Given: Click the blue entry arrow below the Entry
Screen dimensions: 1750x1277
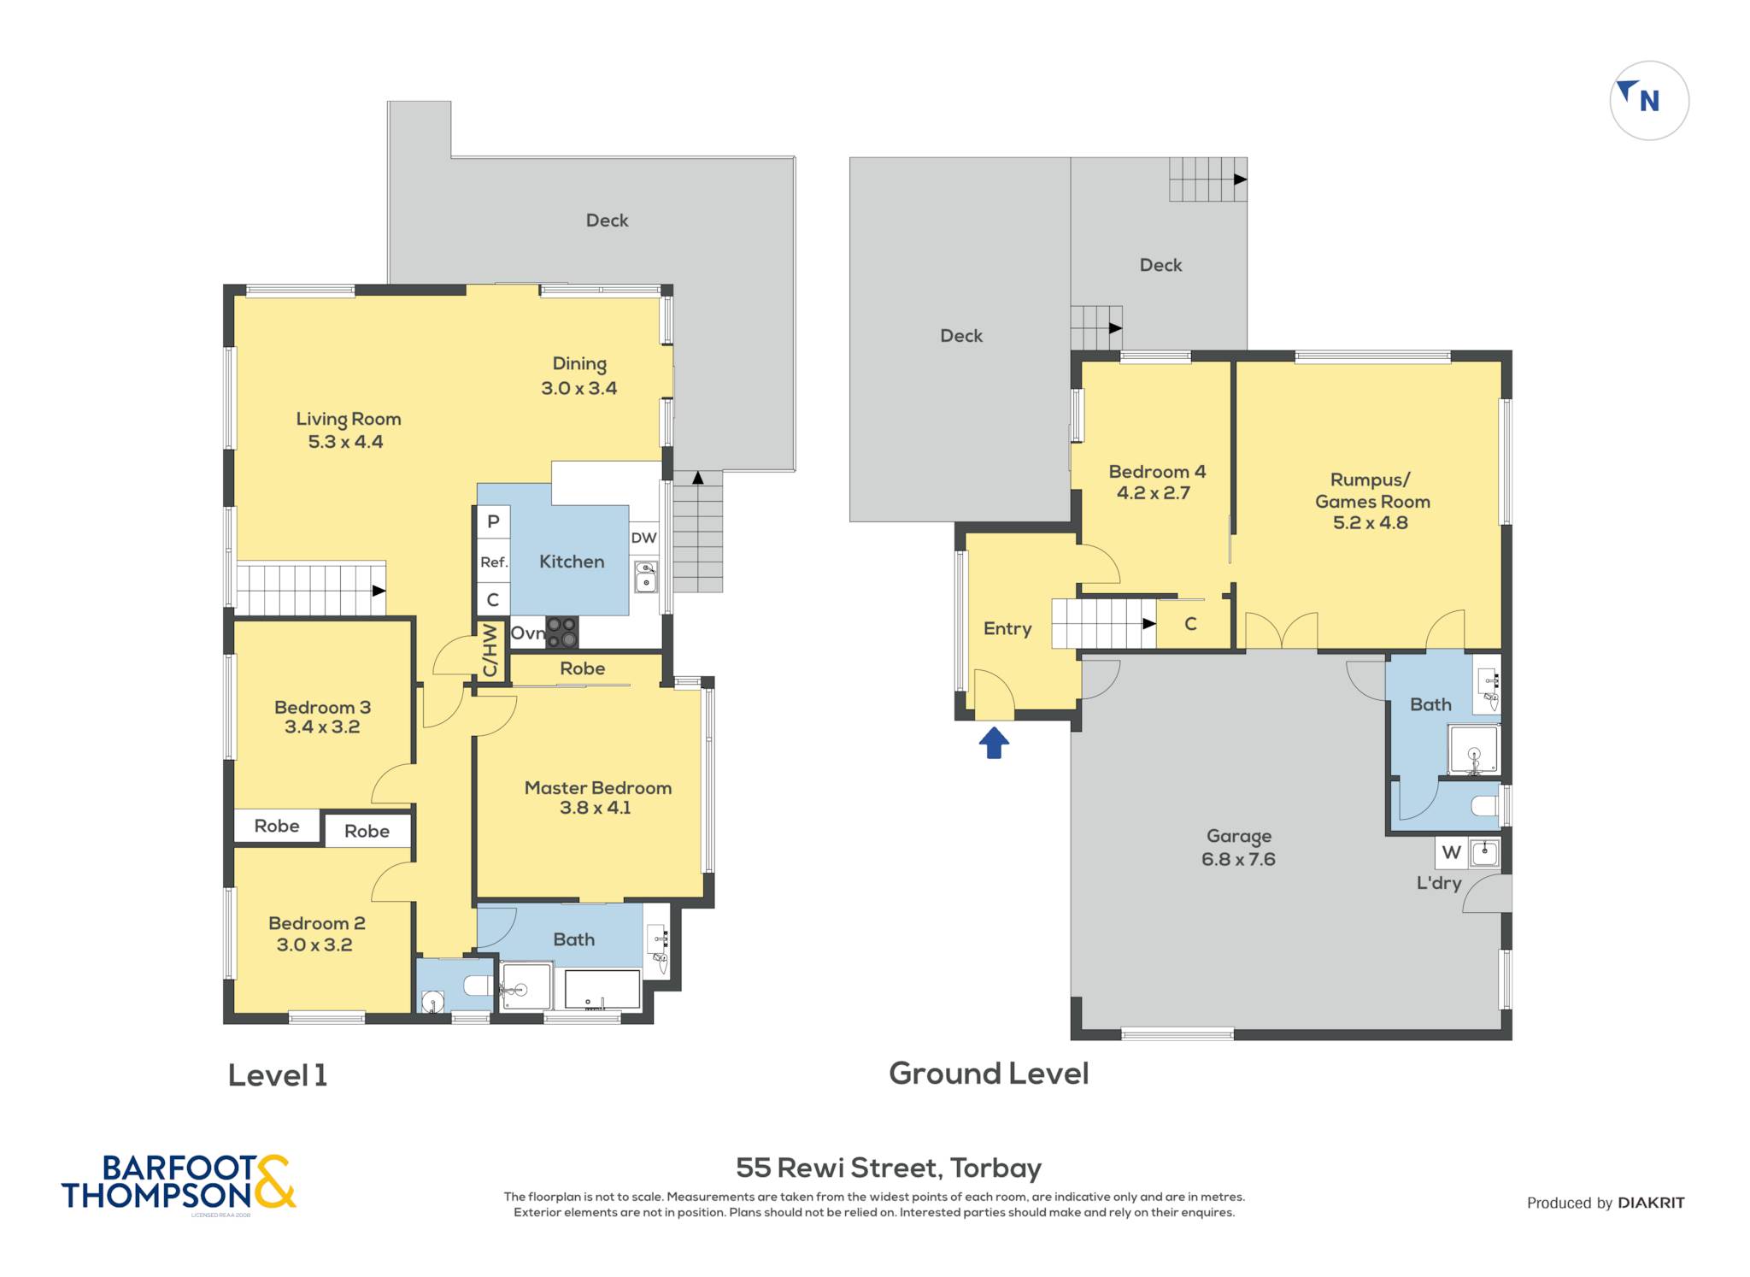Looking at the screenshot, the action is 994,742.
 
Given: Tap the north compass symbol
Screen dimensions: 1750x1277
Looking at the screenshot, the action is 1648,100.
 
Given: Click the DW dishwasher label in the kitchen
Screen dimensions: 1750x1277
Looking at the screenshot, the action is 643,538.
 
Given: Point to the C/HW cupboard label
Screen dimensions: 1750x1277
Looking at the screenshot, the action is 490,650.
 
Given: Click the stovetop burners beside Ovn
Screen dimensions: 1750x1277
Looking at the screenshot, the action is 561,633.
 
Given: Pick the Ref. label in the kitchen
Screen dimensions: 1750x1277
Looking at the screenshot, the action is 494,562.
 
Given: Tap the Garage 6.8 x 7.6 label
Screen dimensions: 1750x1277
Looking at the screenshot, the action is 1238,847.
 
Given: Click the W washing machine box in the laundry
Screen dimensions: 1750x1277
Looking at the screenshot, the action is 1451,852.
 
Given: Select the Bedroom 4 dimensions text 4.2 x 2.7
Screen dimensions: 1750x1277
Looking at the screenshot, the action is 1153,492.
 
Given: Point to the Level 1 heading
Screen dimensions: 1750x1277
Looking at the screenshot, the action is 278,1075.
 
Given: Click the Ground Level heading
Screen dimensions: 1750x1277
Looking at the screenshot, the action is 989,1074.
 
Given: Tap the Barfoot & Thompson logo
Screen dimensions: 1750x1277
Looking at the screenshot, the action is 179,1183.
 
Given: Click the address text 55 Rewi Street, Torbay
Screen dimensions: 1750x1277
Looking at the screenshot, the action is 889,1168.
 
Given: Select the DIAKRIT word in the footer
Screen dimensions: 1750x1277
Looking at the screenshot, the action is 1651,1203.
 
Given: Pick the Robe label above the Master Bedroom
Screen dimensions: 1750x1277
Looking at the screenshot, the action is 582,668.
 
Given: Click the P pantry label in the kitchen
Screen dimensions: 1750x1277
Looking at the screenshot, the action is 493,521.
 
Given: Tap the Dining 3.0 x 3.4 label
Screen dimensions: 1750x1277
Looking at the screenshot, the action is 578,376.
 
